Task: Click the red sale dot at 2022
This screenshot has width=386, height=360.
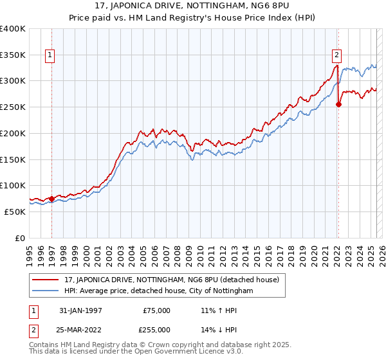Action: (339, 105)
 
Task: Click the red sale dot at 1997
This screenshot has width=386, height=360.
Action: (52, 199)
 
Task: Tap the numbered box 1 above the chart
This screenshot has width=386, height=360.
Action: (50, 56)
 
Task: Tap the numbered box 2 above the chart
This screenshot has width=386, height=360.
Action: (336, 56)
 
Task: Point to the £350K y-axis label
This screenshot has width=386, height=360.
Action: (13, 55)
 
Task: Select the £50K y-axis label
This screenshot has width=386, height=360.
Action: (15, 212)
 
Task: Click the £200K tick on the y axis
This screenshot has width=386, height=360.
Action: (13, 133)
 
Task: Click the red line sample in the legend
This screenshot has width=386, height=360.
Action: (46, 280)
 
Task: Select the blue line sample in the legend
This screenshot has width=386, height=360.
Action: (46, 291)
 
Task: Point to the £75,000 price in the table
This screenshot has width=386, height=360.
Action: (157, 310)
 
